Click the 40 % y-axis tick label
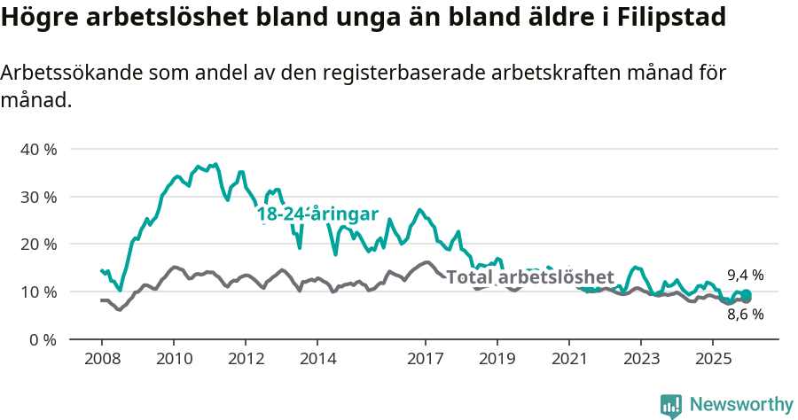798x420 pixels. pyautogui.click(x=39, y=149)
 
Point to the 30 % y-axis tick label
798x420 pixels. pyautogui.click(x=39, y=197)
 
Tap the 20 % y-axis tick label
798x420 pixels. pyautogui.click(x=39, y=244)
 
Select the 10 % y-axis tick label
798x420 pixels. pyautogui.click(x=39, y=292)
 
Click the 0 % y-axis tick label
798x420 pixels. pyautogui.click(x=43, y=339)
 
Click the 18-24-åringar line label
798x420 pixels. pyautogui.click(x=317, y=214)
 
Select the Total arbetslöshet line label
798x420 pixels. pyautogui.click(x=529, y=277)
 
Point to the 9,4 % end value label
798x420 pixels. pyautogui.click(x=745, y=276)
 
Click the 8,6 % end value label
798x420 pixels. pyautogui.click(x=745, y=314)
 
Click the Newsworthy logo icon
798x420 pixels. pyautogui.click(x=671, y=406)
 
